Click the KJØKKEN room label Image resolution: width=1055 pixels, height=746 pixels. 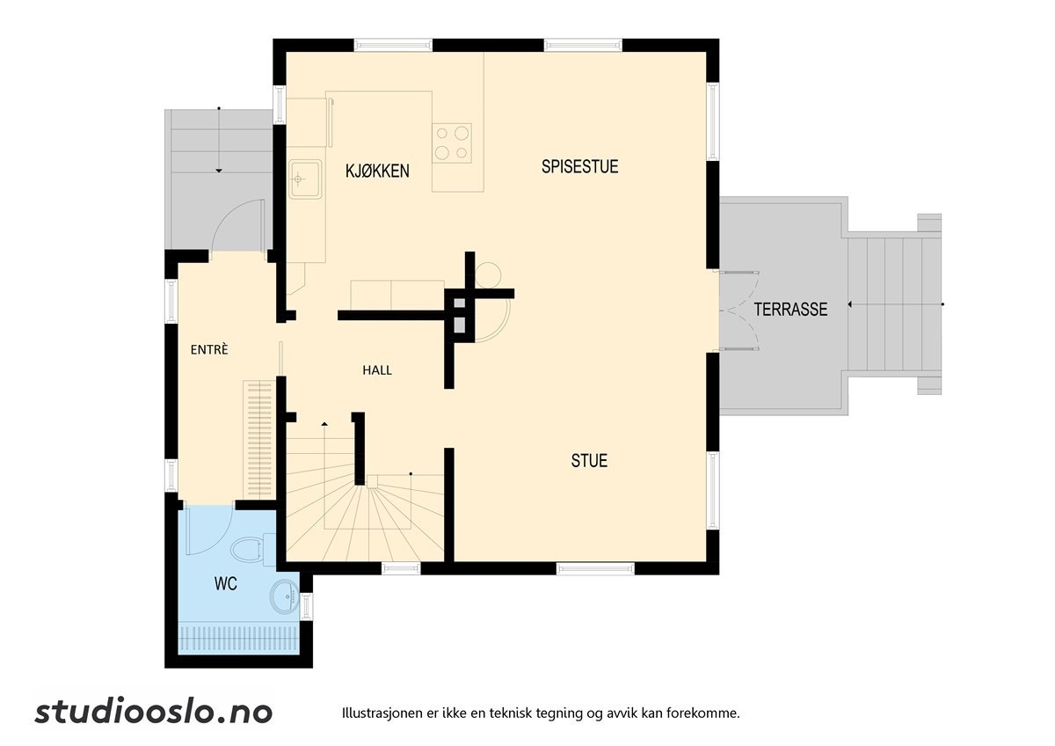[377, 171]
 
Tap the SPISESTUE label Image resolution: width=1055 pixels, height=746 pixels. [579, 166]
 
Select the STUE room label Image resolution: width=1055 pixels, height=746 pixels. [589, 460]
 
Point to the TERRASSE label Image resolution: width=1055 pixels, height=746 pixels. [790, 309]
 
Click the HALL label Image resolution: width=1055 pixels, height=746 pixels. [377, 370]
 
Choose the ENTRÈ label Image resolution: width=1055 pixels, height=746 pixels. [209, 349]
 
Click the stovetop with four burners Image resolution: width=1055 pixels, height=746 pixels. [452, 143]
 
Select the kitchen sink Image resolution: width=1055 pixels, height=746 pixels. [299, 179]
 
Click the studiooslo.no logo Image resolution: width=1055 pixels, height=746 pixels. [154, 712]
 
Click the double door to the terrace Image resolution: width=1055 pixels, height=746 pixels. [738, 310]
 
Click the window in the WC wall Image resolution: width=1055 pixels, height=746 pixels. [306, 605]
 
